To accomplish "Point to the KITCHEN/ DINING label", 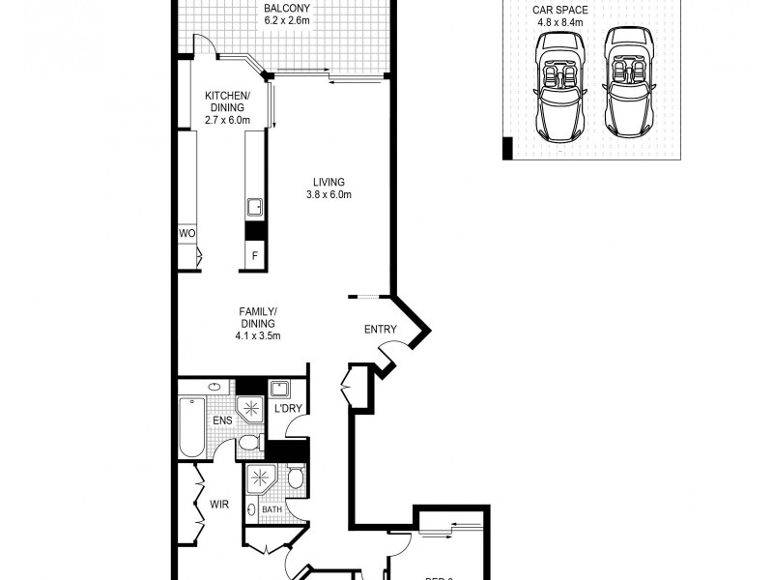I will [x=227, y=101].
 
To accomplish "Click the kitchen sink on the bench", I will [x=255, y=207].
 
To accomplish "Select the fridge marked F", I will [x=255, y=256].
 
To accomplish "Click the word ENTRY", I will [x=380, y=330].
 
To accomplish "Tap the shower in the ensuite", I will [x=250, y=409].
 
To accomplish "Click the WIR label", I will [x=218, y=505].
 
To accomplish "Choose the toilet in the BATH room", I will [x=296, y=478].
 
